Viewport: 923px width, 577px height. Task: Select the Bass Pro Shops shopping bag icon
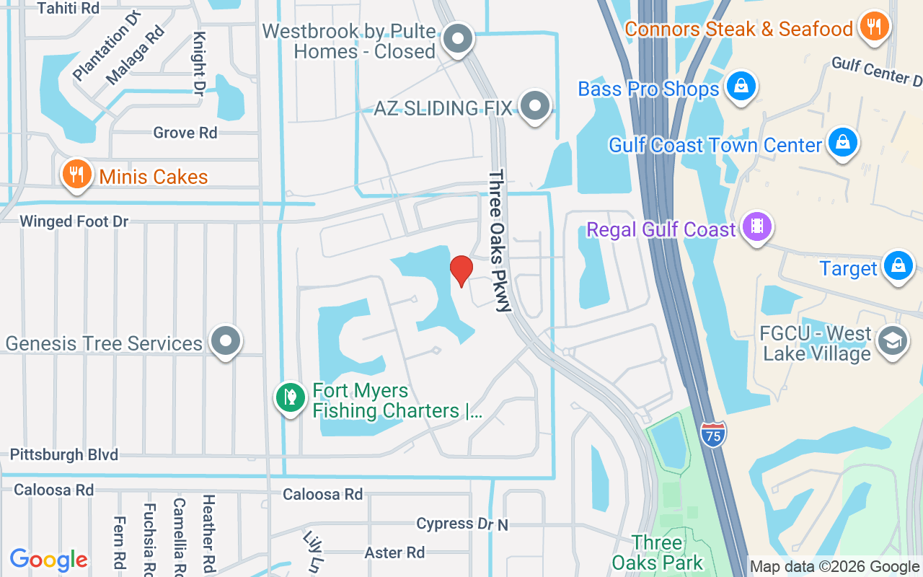pos(740,87)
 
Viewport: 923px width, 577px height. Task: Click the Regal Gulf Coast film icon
pos(756,226)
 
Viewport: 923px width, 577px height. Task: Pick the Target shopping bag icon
pos(898,265)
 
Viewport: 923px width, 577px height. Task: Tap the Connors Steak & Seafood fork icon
pos(875,27)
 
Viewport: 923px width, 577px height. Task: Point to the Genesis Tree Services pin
pos(226,340)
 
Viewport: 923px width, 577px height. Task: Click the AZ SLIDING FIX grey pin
pos(534,105)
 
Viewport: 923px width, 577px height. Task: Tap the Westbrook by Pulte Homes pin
pos(457,39)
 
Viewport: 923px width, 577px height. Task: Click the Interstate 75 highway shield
pos(712,433)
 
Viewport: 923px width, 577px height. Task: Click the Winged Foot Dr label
pos(74,221)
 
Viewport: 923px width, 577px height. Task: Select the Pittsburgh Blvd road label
pos(64,455)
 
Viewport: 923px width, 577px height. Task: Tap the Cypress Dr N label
pos(462,524)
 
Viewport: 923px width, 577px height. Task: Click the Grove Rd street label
pos(185,133)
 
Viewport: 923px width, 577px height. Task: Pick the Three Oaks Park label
pos(657,552)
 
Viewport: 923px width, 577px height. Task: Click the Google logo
pos(49,559)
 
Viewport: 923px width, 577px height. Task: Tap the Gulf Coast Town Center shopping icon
pos(842,142)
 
